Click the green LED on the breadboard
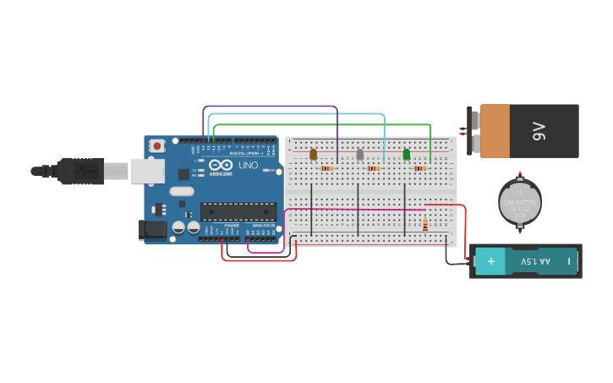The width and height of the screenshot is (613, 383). coord(407,154)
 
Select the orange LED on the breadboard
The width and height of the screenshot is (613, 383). coord(313,154)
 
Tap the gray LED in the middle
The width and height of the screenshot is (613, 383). coord(360,154)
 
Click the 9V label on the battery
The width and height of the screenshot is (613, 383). coord(539,131)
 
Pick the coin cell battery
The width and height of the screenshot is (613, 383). coord(519,202)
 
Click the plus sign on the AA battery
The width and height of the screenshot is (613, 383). coord(490,261)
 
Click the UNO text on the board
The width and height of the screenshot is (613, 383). coord(248,166)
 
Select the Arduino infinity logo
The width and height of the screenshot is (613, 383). coord(221,166)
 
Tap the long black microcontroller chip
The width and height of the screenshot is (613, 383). coord(238,211)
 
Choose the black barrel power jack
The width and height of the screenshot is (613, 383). coord(152,228)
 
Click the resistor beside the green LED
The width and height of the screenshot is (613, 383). coord(420,168)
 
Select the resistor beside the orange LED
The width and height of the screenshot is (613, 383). coord(326,168)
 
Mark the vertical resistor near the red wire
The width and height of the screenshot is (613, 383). coord(424,225)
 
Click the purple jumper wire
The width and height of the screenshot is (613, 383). coord(271,107)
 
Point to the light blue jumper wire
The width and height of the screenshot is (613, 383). coord(296,114)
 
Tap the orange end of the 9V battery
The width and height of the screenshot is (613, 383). coord(495,131)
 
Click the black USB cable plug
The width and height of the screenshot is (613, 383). coord(80,171)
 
